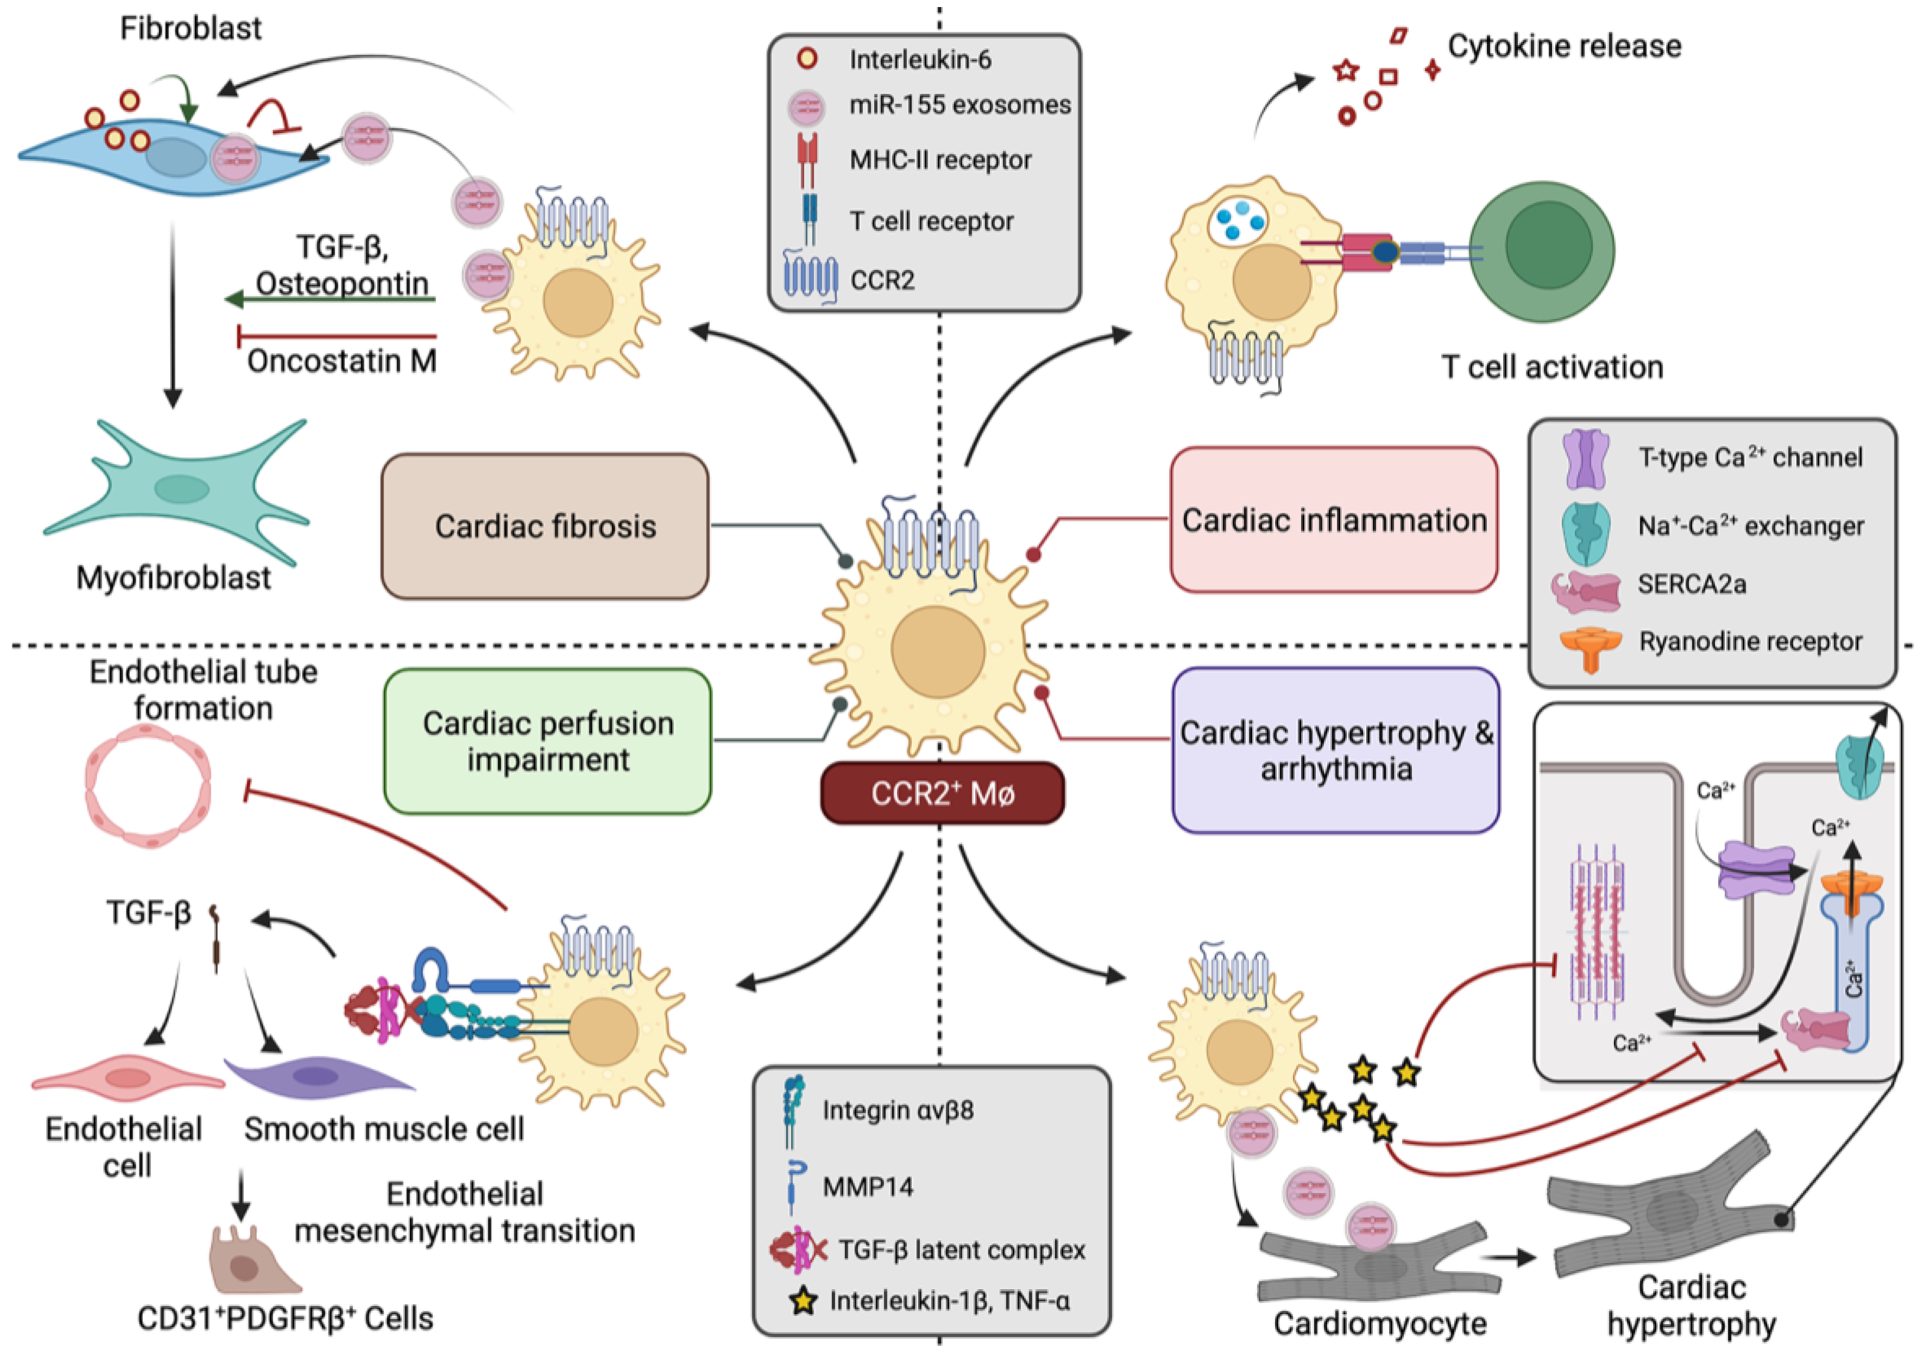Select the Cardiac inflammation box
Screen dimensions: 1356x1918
coord(1334,520)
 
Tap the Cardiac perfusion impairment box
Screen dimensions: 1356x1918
coord(548,741)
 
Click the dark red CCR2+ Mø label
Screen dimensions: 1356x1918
coord(942,793)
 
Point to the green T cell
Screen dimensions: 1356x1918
coord(1542,250)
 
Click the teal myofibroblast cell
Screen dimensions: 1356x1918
coord(180,489)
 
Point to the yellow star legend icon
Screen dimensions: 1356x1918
coord(803,1301)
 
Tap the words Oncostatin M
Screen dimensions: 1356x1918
coord(342,361)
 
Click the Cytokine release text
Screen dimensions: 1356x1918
coord(1564,46)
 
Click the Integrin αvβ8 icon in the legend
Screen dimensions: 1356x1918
coord(793,1110)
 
